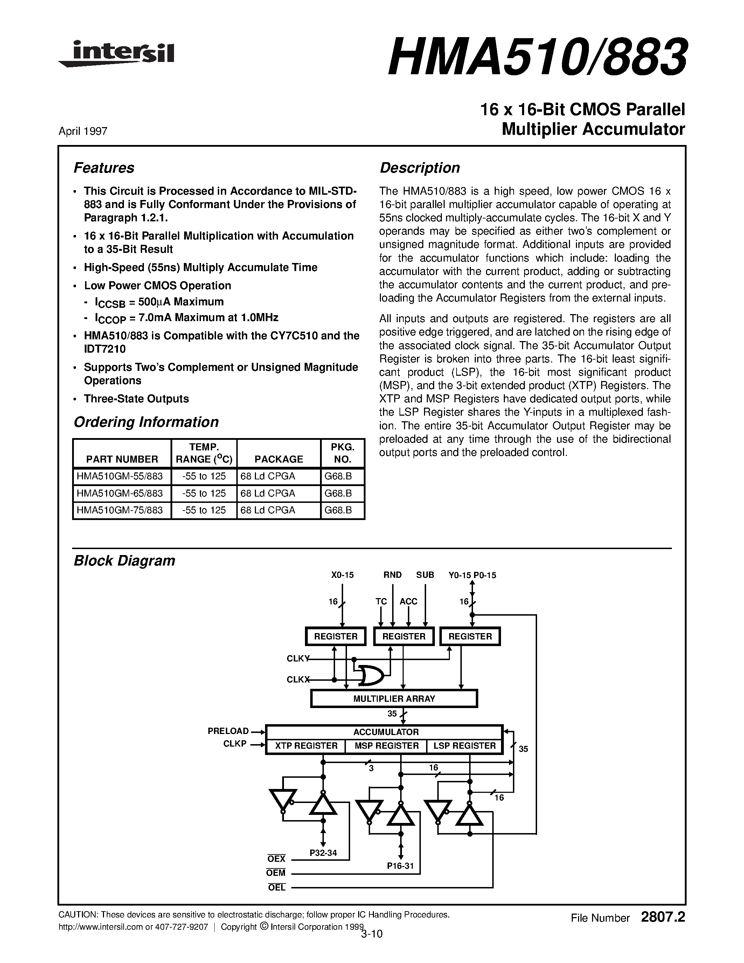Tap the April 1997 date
(83, 131)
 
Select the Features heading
(104, 168)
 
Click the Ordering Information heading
(146, 422)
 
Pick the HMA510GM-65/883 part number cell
(119, 493)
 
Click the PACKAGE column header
(279, 459)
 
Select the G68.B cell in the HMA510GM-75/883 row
(338, 510)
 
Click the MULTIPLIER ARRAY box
(394, 699)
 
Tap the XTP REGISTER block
(306, 746)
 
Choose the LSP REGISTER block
(465, 746)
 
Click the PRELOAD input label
(228, 731)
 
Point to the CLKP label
(235, 744)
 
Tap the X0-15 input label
(342, 575)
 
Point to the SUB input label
(425, 575)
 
